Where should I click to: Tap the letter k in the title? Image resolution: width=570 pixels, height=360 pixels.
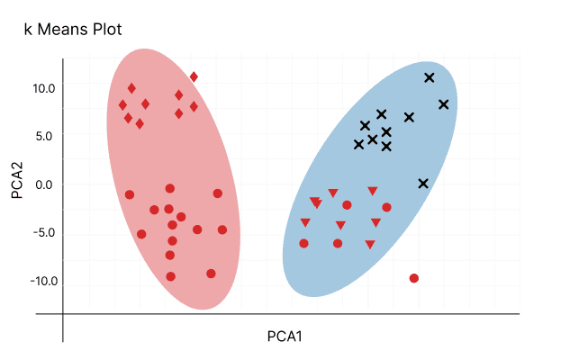coord(28,31)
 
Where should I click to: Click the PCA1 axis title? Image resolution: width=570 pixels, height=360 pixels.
coord(285,337)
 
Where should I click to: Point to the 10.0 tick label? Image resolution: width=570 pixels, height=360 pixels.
coord(43,88)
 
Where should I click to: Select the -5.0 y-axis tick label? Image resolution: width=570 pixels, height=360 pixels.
coord(43,233)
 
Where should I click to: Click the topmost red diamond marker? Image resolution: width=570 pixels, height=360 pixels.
coord(194,76)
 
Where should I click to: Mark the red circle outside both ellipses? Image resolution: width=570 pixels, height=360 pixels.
coord(414,278)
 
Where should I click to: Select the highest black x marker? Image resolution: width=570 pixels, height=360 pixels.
coord(429,77)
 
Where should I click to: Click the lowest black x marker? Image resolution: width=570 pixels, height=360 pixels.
coord(423,184)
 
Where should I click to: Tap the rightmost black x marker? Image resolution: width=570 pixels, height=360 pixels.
coord(443,104)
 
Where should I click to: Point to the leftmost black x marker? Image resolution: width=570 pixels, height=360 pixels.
coord(358,144)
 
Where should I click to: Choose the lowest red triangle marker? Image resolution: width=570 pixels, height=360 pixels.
coord(369,245)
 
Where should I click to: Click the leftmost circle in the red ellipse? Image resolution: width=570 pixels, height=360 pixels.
coord(130,194)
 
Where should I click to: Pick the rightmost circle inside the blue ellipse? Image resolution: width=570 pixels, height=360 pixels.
coord(386,207)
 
